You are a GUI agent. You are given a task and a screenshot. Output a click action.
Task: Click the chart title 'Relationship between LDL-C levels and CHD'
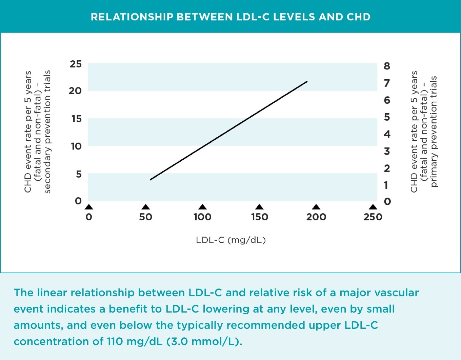tap(230, 17)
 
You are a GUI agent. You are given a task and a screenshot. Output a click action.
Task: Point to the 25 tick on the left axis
tap(76, 64)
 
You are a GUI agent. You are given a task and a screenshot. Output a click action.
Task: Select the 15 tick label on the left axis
tap(76, 119)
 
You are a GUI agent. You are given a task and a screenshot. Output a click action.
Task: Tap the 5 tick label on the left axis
tap(79, 174)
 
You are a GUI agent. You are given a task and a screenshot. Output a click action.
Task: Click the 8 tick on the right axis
tap(387, 66)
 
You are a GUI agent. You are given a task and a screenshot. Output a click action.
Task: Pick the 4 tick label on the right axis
tap(387, 134)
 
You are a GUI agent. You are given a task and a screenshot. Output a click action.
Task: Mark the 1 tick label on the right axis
tap(386, 185)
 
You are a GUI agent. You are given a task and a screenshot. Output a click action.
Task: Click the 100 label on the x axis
tap(202, 217)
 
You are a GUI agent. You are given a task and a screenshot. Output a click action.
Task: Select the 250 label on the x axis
tap(373, 217)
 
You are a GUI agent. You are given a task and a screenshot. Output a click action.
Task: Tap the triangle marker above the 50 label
tap(146, 207)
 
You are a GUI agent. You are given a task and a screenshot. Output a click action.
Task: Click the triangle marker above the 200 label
tap(316, 207)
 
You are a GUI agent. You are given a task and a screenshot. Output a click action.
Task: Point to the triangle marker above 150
tap(259, 207)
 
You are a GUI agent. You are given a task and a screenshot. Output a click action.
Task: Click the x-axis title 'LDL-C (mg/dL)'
tap(230, 240)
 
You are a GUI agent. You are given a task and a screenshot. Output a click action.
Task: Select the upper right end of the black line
tap(307, 82)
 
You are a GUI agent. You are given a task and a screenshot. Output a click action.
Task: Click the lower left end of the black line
tap(151, 179)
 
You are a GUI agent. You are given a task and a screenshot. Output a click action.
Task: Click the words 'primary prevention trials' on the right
tap(434, 132)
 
